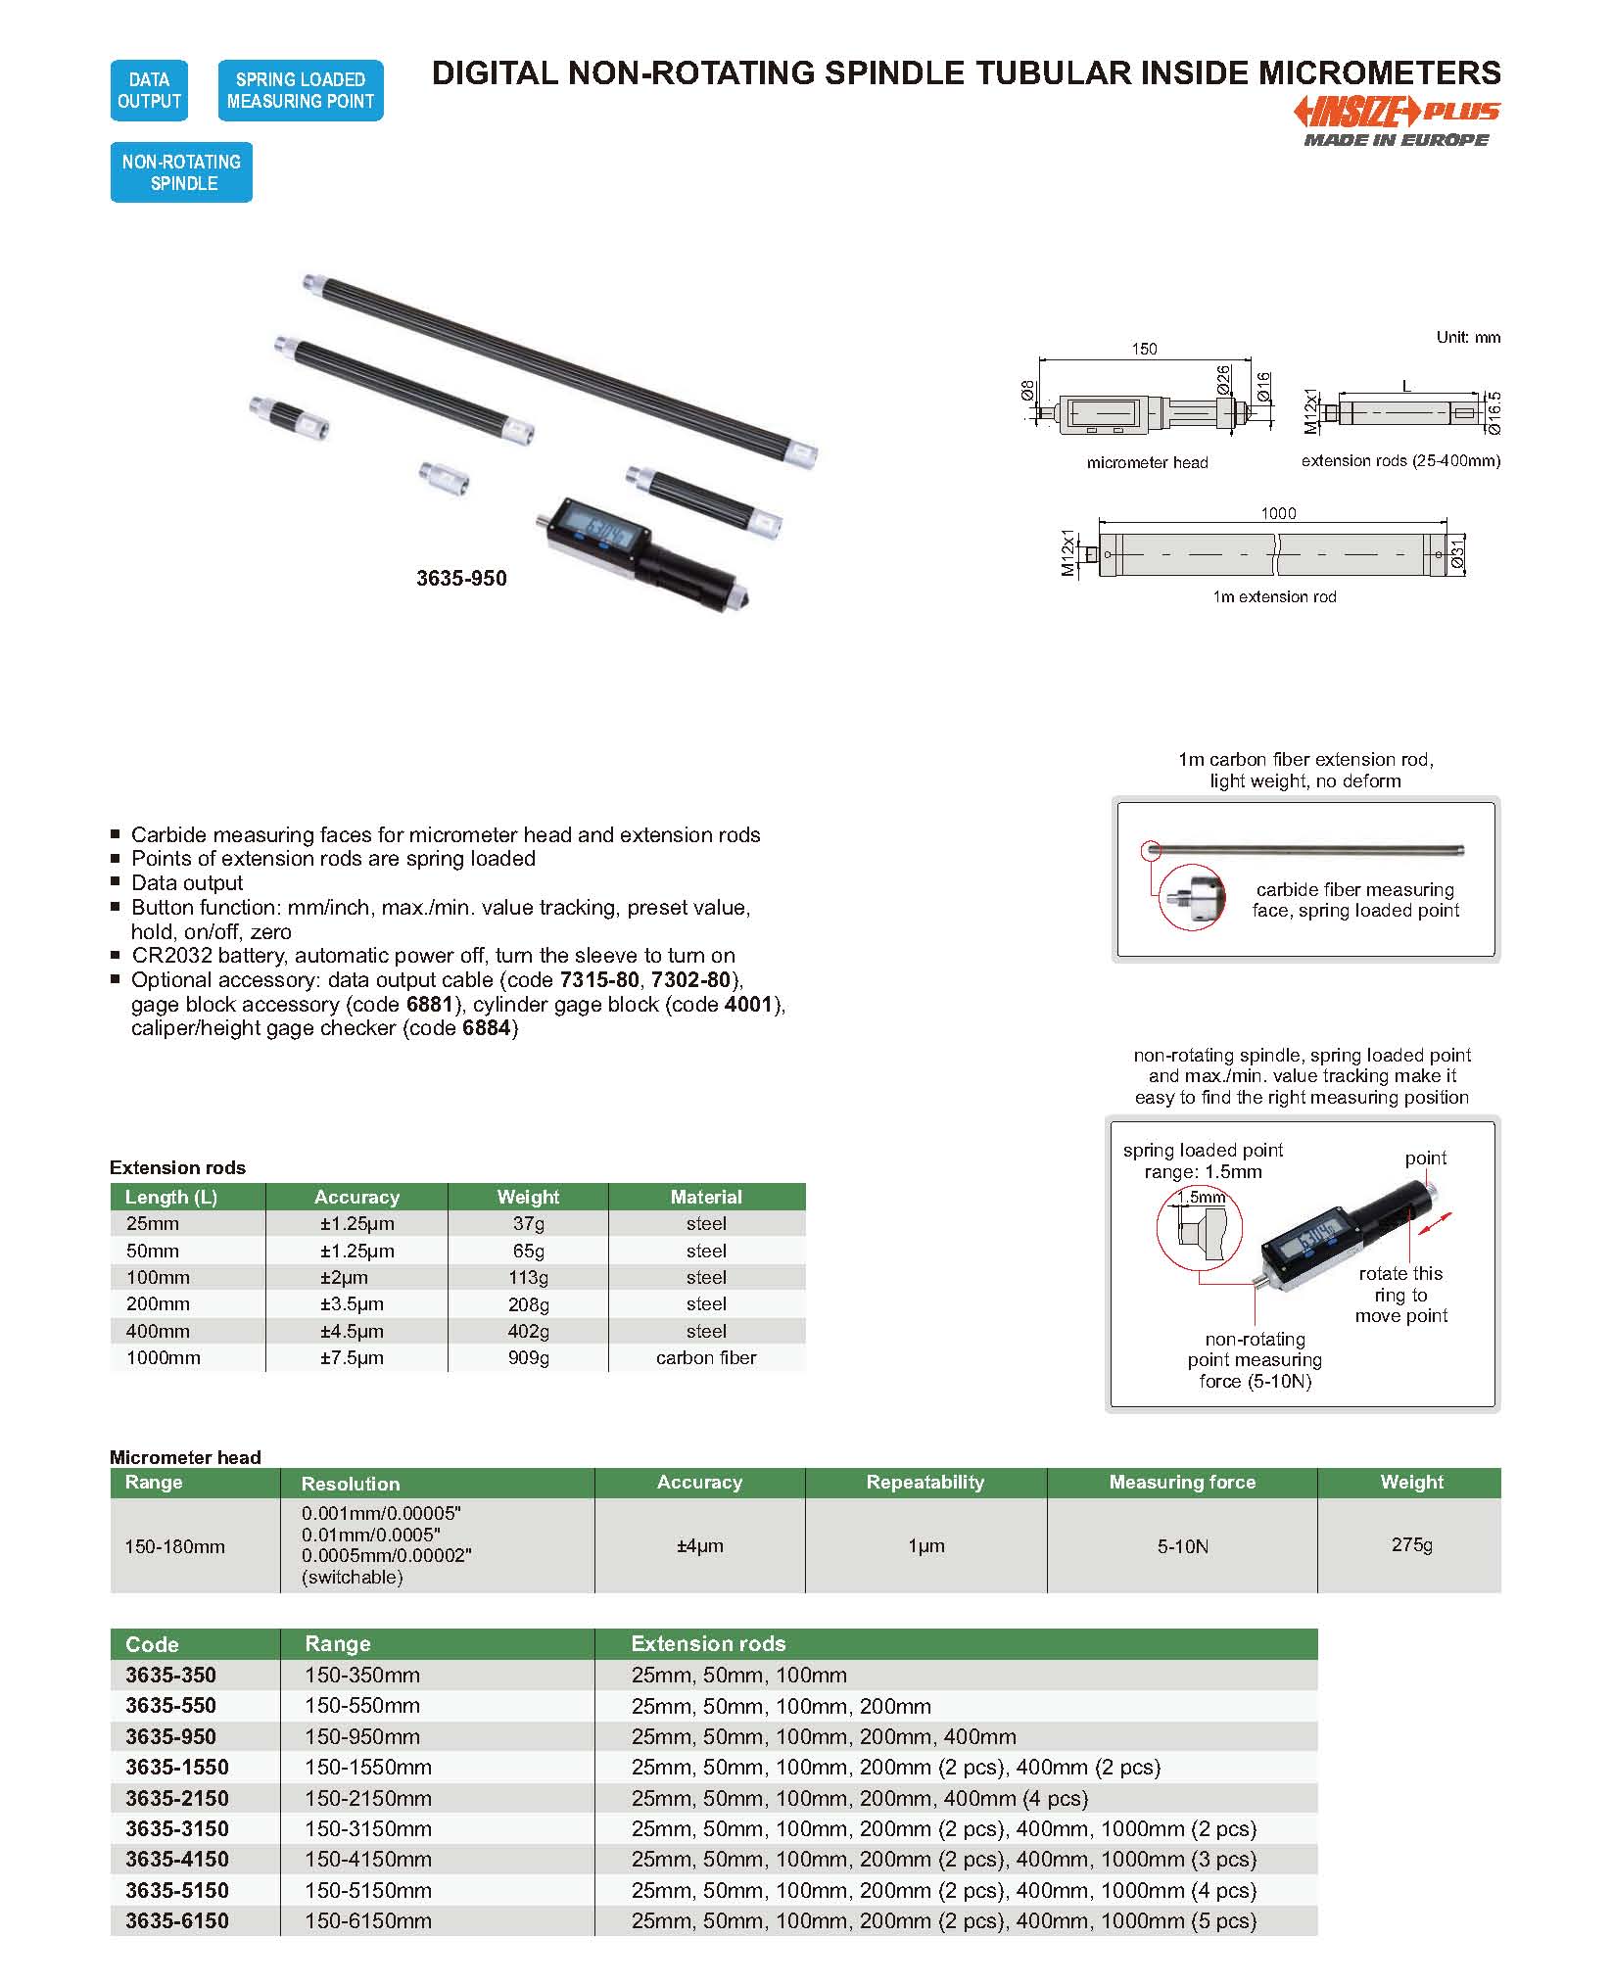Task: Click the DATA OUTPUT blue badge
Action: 149,90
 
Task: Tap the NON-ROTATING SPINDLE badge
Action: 181,172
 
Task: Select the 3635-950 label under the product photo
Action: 461,579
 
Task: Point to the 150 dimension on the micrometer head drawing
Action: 1143,349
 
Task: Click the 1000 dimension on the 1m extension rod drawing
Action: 1278,513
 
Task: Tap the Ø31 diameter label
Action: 1457,554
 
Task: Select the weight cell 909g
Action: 528,1358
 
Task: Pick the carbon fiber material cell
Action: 706,1358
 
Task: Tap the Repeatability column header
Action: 925,1483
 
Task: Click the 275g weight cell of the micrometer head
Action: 1411,1545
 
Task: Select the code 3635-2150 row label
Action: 177,1798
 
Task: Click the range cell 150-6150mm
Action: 368,1920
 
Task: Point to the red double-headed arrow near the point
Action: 1434,1224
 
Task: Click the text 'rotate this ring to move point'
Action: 1400,1295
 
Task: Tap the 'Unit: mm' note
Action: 1467,337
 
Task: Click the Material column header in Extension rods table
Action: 706,1197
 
